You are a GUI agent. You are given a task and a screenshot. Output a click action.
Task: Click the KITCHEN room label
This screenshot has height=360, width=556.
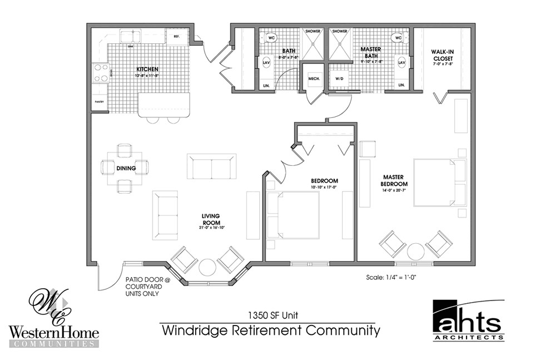(148, 70)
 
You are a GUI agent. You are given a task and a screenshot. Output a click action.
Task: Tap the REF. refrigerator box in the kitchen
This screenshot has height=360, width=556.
(177, 37)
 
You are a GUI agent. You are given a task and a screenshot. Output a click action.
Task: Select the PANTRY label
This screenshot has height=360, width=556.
(100, 102)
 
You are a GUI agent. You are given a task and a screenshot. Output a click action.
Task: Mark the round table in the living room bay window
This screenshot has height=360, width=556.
(207, 267)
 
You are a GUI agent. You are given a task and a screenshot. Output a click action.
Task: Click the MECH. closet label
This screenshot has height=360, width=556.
(314, 79)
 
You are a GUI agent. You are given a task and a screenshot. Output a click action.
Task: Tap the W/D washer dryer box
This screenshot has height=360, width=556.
(339, 79)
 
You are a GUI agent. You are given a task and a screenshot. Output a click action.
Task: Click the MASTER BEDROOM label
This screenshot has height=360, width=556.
(394, 180)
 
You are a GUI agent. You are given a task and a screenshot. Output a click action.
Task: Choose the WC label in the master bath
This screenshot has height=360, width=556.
(397, 38)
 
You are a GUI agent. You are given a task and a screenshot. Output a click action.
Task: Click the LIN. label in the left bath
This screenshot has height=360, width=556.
(266, 85)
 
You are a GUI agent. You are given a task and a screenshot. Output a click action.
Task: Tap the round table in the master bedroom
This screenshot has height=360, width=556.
(416, 251)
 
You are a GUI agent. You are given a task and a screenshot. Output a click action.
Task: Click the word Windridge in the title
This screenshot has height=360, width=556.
(192, 331)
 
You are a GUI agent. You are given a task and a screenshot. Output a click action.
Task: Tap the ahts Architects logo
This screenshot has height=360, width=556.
(468, 322)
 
